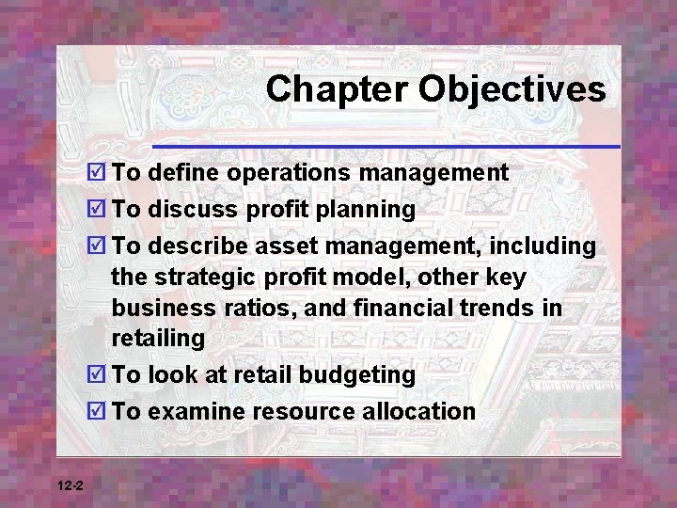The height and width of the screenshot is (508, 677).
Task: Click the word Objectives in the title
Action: pyautogui.click(x=512, y=89)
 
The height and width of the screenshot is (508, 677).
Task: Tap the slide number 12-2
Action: pyautogui.click(x=70, y=485)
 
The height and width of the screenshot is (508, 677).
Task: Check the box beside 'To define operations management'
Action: pyautogui.click(x=97, y=173)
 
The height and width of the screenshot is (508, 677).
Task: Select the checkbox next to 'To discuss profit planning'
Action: pyautogui.click(x=97, y=210)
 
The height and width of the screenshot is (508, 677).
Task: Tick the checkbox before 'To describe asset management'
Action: pyautogui.click(x=97, y=246)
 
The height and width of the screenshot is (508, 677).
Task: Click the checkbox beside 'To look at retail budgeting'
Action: pyautogui.click(x=97, y=374)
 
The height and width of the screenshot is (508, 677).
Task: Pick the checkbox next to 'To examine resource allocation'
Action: pyautogui.click(x=97, y=411)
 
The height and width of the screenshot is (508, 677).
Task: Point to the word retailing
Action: pyautogui.click(x=157, y=338)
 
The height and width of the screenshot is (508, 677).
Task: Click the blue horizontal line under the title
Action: pyautogui.click(x=386, y=147)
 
